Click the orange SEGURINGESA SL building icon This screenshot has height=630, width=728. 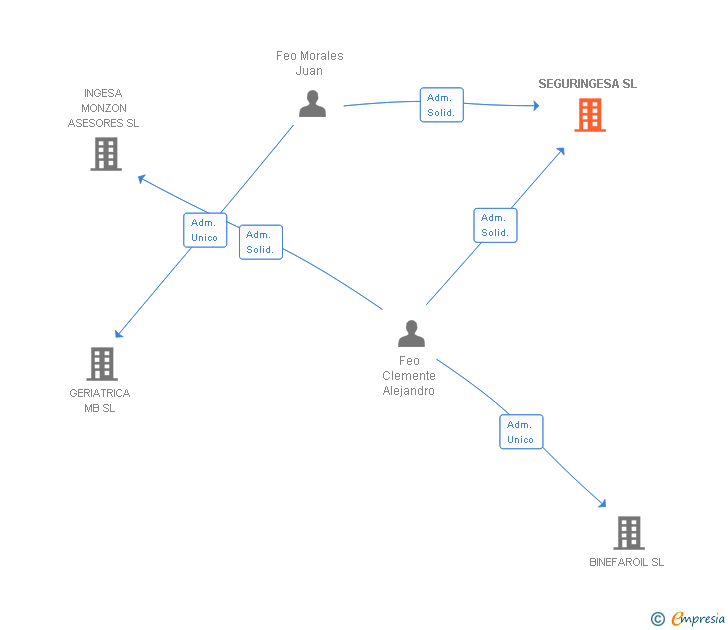click(x=590, y=115)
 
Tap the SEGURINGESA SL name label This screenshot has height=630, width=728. click(x=587, y=84)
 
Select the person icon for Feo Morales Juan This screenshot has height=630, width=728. click(x=312, y=104)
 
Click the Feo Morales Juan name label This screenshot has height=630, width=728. click(x=309, y=63)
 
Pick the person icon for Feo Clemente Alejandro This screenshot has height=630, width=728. click(x=411, y=333)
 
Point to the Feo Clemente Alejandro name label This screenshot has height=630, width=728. click(x=409, y=376)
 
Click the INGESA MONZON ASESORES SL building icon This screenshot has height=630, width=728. click(x=106, y=154)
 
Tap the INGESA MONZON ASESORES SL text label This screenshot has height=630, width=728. click(x=103, y=108)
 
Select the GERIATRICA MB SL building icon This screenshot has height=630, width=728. click(x=102, y=364)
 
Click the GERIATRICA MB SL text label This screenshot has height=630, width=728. click(x=100, y=400)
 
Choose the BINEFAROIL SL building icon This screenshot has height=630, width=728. click(x=628, y=533)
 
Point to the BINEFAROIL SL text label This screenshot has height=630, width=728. click(x=626, y=562)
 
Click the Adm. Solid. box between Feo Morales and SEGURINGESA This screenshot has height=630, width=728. click(x=441, y=105)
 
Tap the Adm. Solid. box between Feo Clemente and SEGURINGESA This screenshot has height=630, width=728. click(x=495, y=225)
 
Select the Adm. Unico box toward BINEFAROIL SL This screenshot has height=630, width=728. click(x=521, y=432)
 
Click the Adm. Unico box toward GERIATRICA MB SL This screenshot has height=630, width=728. click(x=204, y=230)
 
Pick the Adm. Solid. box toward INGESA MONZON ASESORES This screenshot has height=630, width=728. click(x=260, y=242)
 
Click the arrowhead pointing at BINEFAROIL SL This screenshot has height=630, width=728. click(x=602, y=504)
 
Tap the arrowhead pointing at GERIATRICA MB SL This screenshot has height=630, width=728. click(x=119, y=334)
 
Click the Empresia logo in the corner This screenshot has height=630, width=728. click(x=689, y=619)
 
